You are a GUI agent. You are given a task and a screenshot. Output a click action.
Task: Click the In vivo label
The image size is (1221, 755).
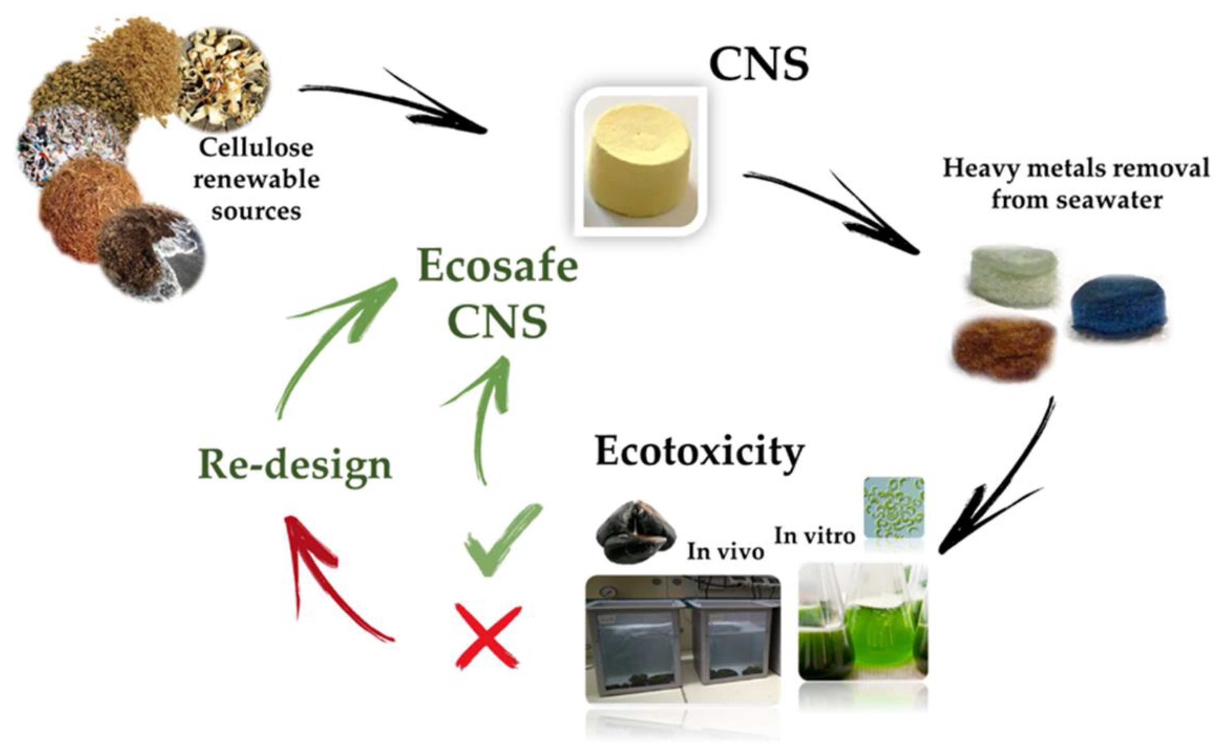pyautogui.click(x=725, y=551)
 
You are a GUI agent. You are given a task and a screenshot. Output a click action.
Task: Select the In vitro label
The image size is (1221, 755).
pyautogui.click(x=815, y=536)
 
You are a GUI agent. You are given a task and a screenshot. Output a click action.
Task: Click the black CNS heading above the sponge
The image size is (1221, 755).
pyautogui.click(x=759, y=65)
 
